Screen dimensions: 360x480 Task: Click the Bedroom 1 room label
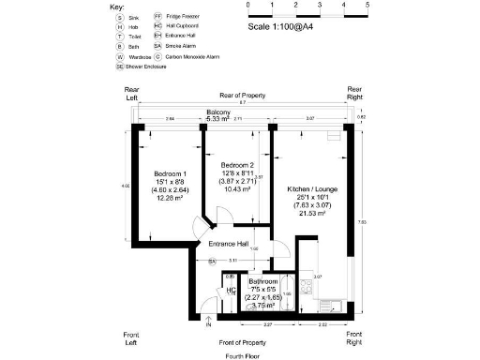click(171, 174)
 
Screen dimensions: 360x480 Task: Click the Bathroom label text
click(262, 281)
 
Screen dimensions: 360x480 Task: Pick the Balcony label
click(218, 112)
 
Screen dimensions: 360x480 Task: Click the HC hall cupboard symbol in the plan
click(232, 292)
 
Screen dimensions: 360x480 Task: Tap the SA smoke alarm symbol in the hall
click(212, 261)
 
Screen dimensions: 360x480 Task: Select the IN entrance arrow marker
click(208, 324)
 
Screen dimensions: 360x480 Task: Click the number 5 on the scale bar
click(367, 6)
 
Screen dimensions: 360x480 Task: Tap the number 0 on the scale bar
click(248, 6)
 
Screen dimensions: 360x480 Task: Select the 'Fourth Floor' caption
click(243, 356)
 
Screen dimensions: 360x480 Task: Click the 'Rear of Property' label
click(243, 96)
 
